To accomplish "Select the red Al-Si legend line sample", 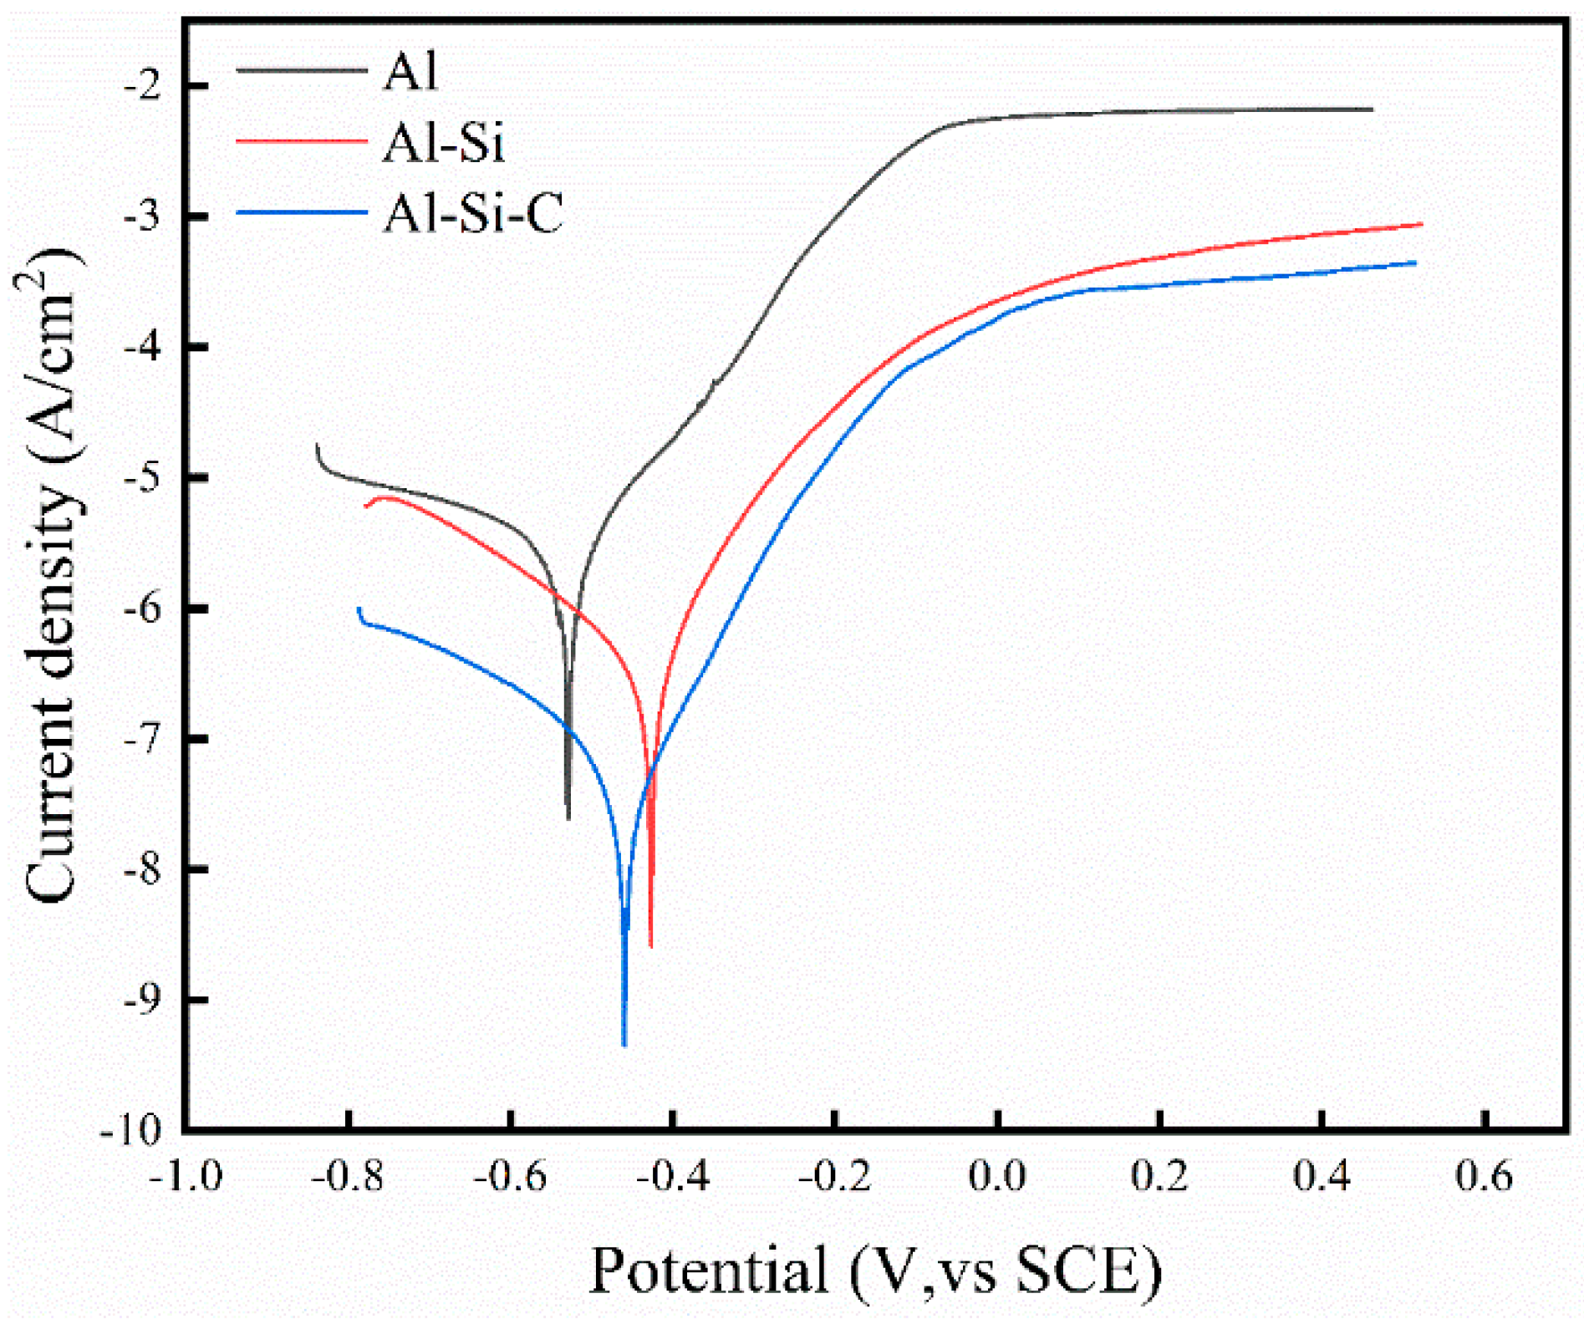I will tap(302, 141).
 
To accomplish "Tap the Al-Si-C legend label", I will tap(473, 213).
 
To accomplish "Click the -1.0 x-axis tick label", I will tap(186, 1177).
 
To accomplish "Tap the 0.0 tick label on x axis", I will tap(997, 1177).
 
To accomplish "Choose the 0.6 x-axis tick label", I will tap(1485, 1177).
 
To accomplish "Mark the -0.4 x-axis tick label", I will tap(673, 1177).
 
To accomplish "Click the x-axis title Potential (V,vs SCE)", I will tap(875, 1271).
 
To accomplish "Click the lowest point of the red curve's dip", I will tap(651, 946).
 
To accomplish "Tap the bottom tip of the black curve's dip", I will tap(569, 818).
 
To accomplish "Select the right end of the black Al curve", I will tap(1372, 109).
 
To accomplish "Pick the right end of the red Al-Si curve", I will tap(1421, 224).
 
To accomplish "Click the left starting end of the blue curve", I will tap(359, 608).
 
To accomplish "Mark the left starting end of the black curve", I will tap(318, 445).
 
